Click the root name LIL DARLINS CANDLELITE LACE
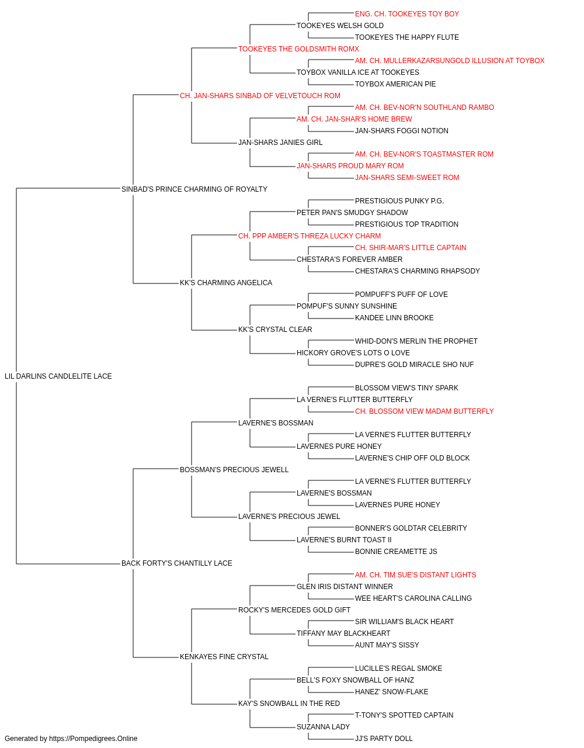58,376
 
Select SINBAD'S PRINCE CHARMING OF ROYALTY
194,189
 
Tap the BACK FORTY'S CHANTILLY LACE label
177,563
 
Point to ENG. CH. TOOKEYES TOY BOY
407,14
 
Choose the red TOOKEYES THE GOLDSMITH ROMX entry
298,49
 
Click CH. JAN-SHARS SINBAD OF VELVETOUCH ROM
260,96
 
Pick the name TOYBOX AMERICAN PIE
395,84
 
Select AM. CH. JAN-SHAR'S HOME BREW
354,119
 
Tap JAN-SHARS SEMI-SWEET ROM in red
407,178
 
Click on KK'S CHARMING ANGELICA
226,283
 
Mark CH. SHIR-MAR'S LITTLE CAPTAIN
411,248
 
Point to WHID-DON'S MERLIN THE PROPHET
416,341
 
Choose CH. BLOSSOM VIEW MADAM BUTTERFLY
425,411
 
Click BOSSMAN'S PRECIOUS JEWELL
234,470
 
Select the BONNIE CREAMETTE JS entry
396,552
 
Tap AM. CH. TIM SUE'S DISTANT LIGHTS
415,575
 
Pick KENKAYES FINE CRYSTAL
224,657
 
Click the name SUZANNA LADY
323,726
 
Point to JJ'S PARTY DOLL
384,739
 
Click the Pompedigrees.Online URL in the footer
93,739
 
